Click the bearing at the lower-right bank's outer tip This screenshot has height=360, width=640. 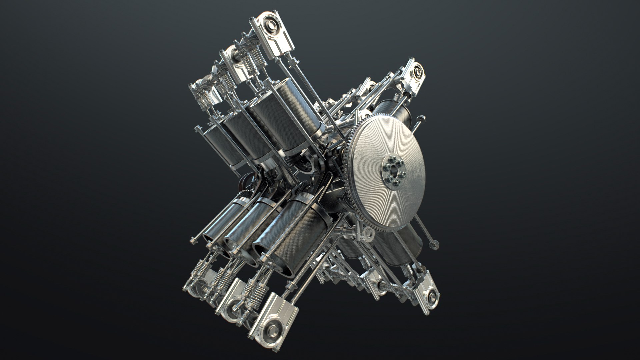433,294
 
